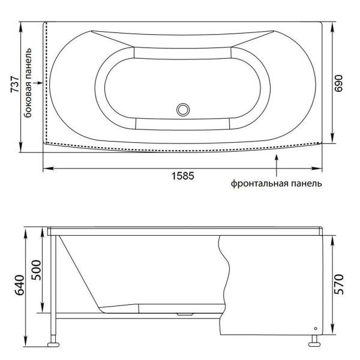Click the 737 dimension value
[15, 84]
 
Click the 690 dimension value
[338, 83]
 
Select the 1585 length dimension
[183, 176]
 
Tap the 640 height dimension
[20, 285]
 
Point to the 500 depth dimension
[36, 270]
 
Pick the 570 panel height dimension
[339, 284]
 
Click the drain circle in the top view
[183, 110]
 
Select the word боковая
[28, 100]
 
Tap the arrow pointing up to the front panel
[277, 166]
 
